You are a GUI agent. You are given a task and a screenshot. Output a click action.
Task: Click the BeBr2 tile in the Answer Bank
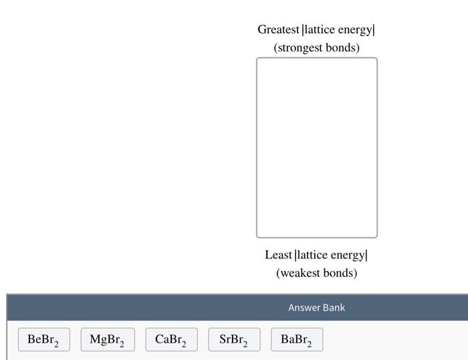pyautogui.click(x=43, y=340)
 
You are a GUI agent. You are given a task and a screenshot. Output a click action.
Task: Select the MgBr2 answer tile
pyautogui.click(x=107, y=340)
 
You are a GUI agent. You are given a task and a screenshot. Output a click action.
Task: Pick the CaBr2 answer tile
pyautogui.click(x=171, y=340)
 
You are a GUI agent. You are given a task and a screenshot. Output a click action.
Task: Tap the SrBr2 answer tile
pyautogui.click(x=233, y=340)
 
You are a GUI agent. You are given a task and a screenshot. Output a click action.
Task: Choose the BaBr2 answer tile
pyautogui.click(x=296, y=340)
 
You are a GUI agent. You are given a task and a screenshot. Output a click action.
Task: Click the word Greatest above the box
pyautogui.click(x=278, y=30)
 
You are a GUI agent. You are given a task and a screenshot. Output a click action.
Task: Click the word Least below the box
pyautogui.click(x=278, y=255)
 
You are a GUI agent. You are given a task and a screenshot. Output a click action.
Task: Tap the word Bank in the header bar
pyautogui.click(x=334, y=308)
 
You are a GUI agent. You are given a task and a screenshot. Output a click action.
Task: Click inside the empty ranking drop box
pyautogui.click(x=316, y=147)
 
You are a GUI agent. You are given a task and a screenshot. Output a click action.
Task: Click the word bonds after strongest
pyautogui.click(x=344, y=48)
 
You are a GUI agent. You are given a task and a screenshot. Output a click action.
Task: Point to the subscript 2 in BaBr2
pyautogui.click(x=310, y=345)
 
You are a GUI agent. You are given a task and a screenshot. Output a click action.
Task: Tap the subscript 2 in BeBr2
pyautogui.click(x=57, y=345)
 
